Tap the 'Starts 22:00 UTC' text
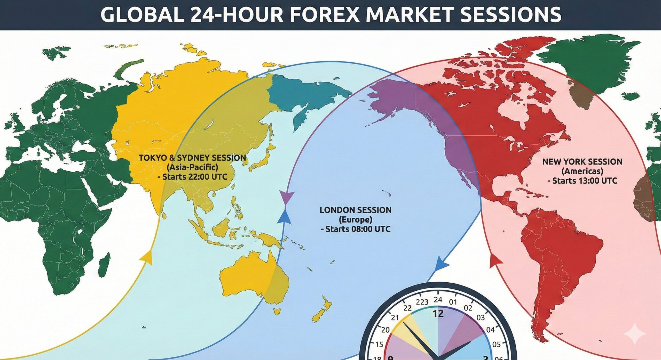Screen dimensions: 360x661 coord(192,177)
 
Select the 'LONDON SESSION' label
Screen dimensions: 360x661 coord(356,210)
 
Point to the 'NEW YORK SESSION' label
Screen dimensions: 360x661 coord(582,162)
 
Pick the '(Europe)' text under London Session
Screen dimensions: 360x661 coord(356,219)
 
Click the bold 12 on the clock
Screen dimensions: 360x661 coord(438,314)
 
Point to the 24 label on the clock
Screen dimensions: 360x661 coord(438,300)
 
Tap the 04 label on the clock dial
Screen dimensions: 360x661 coord(490,330)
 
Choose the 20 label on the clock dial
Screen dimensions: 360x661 coord(385,330)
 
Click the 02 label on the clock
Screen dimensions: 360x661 coord(468,308)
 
